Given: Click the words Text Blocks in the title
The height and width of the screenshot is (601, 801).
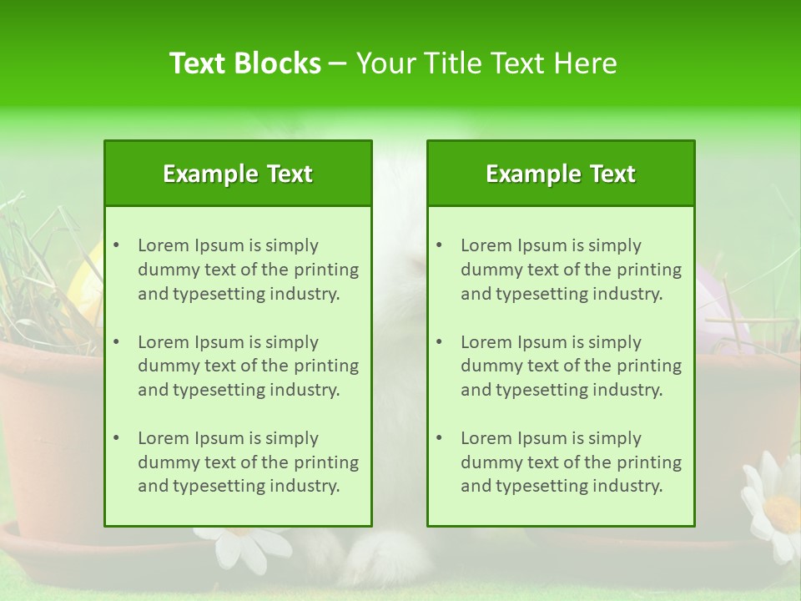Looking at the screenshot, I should [x=244, y=63].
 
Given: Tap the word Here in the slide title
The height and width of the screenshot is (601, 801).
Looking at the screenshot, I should [x=586, y=63].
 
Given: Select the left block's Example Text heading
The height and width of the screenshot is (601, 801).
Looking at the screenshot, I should [x=238, y=174].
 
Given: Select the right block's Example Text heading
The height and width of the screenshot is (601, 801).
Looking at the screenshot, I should [x=561, y=174].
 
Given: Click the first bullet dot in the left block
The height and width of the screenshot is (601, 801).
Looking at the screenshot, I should [x=116, y=245].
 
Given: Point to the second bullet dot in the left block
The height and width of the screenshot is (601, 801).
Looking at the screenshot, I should [x=116, y=342].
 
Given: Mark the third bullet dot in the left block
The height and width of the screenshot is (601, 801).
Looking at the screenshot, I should [x=116, y=438].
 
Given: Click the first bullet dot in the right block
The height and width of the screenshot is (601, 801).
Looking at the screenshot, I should [x=439, y=245].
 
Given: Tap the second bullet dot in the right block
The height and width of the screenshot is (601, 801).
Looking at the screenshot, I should [x=439, y=342].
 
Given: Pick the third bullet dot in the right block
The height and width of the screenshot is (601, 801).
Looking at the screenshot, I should [x=439, y=438].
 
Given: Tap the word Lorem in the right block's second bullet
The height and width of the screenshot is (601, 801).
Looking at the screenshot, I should [x=486, y=342].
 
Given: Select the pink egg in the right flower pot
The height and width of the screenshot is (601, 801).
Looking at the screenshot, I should [x=719, y=300].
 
